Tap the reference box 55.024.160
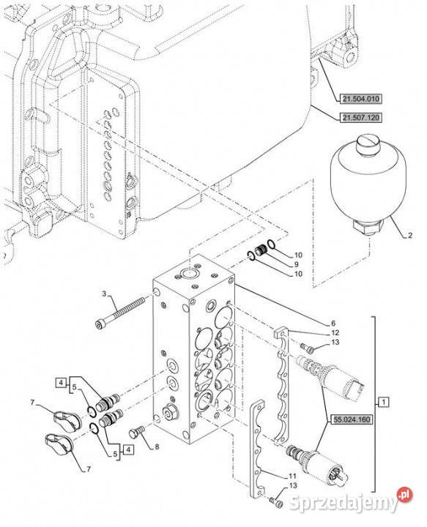click(x=352, y=420)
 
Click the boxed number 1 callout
click(x=384, y=402)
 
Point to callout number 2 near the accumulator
click(x=410, y=235)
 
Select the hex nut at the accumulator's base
click(x=369, y=226)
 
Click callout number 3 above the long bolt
click(x=104, y=294)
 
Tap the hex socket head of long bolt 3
click(x=100, y=324)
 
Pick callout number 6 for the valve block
click(x=333, y=324)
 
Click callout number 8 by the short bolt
click(x=157, y=447)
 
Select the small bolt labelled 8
click(x=136, y=432)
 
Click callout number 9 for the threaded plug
click(x=296, y=264)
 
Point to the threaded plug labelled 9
click(x=261, y=250)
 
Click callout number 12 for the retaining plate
click(x=335, y=333)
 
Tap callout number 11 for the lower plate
click(x=292, y=476)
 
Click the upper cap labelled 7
click(x=67, y=422)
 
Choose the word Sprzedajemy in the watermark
click(x=344, y=503)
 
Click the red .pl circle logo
click(x=404, y=495)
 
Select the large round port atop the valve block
click(x=190, y=273)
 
